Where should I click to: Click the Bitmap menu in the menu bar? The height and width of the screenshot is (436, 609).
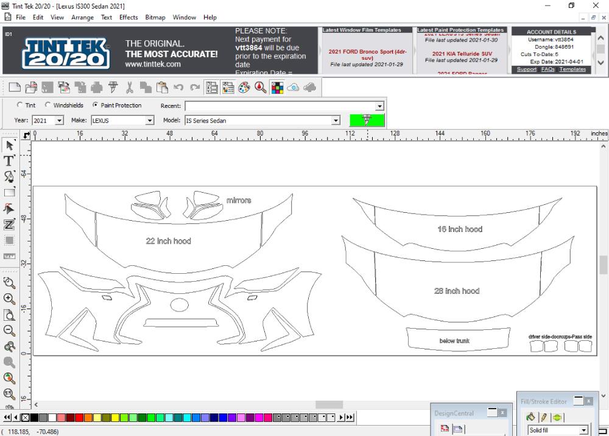(x=155, y=18)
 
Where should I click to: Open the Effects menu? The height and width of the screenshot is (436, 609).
(x=128, y=18)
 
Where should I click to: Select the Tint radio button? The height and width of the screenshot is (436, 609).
(x=20, y=105)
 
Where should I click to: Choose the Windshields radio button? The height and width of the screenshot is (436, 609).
(x=48, y=105)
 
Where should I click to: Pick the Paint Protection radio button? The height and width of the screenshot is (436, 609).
(x=96, y=105)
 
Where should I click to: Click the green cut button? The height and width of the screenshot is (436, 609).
(x=367, y=120)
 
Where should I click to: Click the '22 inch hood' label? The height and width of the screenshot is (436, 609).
(x=168, y=241)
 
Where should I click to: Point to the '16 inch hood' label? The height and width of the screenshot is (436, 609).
(x=460, y=229)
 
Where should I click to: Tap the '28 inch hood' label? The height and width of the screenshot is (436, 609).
(x=457, y=291)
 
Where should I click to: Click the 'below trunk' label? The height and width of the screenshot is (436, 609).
(x=454, y=341)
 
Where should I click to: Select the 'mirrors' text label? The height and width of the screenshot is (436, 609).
(x=239, y=201)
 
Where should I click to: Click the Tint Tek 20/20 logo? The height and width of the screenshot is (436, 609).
(x=66, y=53)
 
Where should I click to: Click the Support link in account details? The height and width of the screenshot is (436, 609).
(x=527, y=70)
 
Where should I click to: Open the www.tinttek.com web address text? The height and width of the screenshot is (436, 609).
(x=152, y=64)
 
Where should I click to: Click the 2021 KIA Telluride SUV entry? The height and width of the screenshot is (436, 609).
(x=461, y=54)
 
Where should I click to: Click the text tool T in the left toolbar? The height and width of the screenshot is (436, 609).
(x=9, y=161)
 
